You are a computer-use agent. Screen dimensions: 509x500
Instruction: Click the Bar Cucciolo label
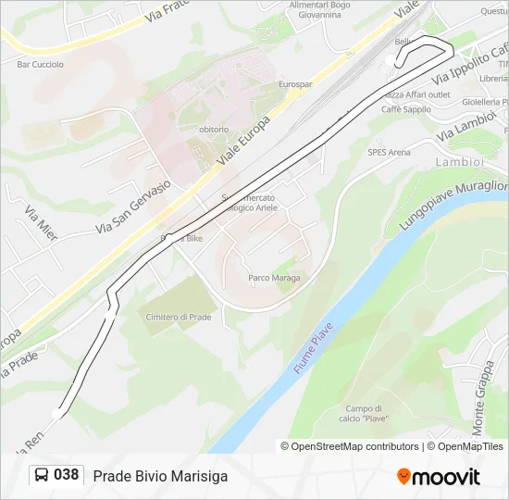point(41,64)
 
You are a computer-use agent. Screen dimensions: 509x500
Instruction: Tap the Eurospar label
point(295,84)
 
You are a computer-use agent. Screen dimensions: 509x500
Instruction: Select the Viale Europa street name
point(242,142)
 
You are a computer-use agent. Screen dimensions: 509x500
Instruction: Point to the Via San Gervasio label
point(134,206)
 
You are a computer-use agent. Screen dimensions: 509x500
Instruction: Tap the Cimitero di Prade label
point(178,317)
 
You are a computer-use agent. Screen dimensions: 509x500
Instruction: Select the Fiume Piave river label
point(313,354)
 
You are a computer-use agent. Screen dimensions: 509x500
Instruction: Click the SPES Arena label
point(389,152)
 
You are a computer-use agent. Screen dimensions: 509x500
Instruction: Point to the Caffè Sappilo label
point(407,109)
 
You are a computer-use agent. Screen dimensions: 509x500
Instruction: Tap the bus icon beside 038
point(41,475)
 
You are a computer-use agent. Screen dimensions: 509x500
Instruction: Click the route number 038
point(66,475)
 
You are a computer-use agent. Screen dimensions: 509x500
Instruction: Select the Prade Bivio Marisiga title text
point(160,476)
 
